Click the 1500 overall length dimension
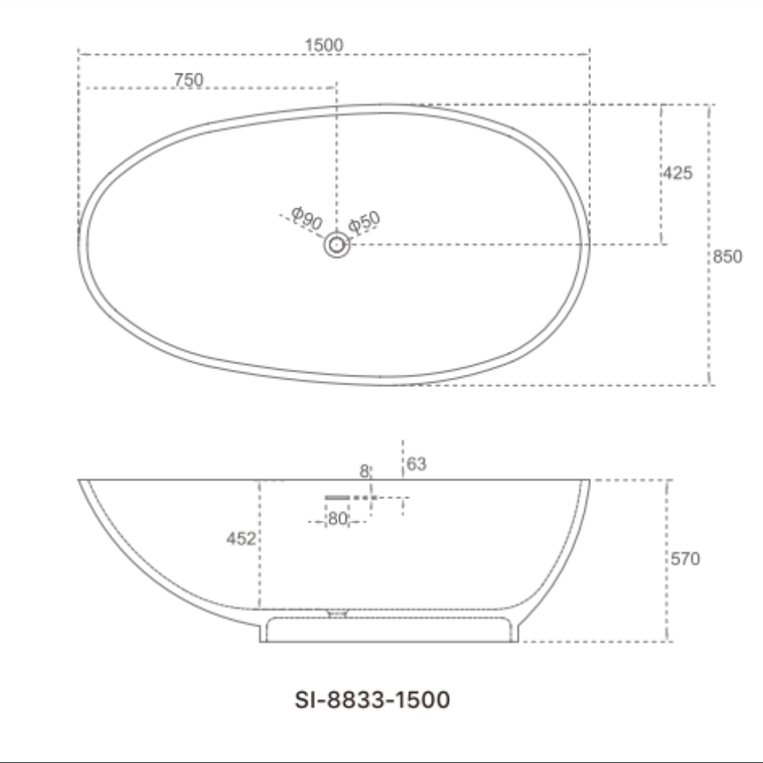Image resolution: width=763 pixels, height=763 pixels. click(x=324, y=45)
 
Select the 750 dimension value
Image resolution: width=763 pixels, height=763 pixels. click(x=188, y=79)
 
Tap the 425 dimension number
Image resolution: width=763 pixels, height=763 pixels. click(x=678, y=173)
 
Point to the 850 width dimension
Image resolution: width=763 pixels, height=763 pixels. click(x=727, y=258)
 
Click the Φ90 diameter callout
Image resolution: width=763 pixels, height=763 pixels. click(x=307, y=218)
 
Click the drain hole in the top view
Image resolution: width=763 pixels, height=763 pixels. click(x=337, y=245)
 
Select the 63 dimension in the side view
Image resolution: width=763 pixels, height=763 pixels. click(x=417, y=463)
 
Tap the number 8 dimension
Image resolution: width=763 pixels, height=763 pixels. click(x=364, y=470)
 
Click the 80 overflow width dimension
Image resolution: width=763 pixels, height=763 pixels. click(x=337, y=520)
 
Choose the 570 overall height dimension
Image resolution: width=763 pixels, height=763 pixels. click(x=685, y=559)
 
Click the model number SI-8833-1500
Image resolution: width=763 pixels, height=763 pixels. click(x=372, y=699)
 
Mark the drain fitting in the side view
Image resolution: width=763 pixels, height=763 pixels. click(x=337, y=614)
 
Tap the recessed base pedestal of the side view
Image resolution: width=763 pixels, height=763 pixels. click(x=388, y=630)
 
